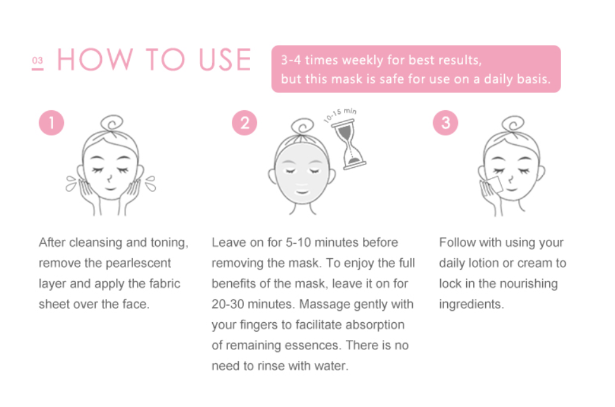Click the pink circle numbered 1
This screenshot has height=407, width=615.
click(51, 123)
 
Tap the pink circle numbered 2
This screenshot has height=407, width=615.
click(244, 123)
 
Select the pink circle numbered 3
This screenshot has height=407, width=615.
click(445, 123)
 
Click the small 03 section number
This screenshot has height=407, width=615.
click(37, 61)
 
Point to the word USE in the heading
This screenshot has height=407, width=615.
click(225, 59)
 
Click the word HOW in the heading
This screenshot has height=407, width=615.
click(95, 59)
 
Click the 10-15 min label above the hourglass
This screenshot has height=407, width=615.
click(340, 115)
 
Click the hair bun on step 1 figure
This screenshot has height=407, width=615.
click(111, 123)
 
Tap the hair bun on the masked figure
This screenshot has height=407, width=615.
click(302, 127)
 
